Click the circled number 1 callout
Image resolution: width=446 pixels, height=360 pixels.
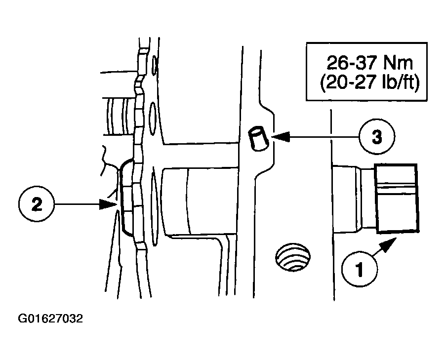coord(360,268)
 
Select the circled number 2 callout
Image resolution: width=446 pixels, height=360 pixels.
coord(37,204)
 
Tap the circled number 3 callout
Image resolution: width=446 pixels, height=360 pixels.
coord(377,137)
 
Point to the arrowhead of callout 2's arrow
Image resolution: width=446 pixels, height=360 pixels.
coord(109,204)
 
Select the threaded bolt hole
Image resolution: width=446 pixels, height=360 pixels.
coord(293,257)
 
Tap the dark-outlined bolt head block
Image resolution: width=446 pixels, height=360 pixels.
coord(397,199)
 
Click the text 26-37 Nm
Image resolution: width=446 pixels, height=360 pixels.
coord(369,63)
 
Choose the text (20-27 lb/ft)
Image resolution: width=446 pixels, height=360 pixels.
coord(369,83)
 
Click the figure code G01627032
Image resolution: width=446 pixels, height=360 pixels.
coord(50,319)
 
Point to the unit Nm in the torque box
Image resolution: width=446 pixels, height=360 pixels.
coord(398,63)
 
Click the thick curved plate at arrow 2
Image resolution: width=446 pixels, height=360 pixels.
coord(126,198)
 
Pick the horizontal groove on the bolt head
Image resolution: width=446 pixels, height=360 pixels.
coord(397,187)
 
